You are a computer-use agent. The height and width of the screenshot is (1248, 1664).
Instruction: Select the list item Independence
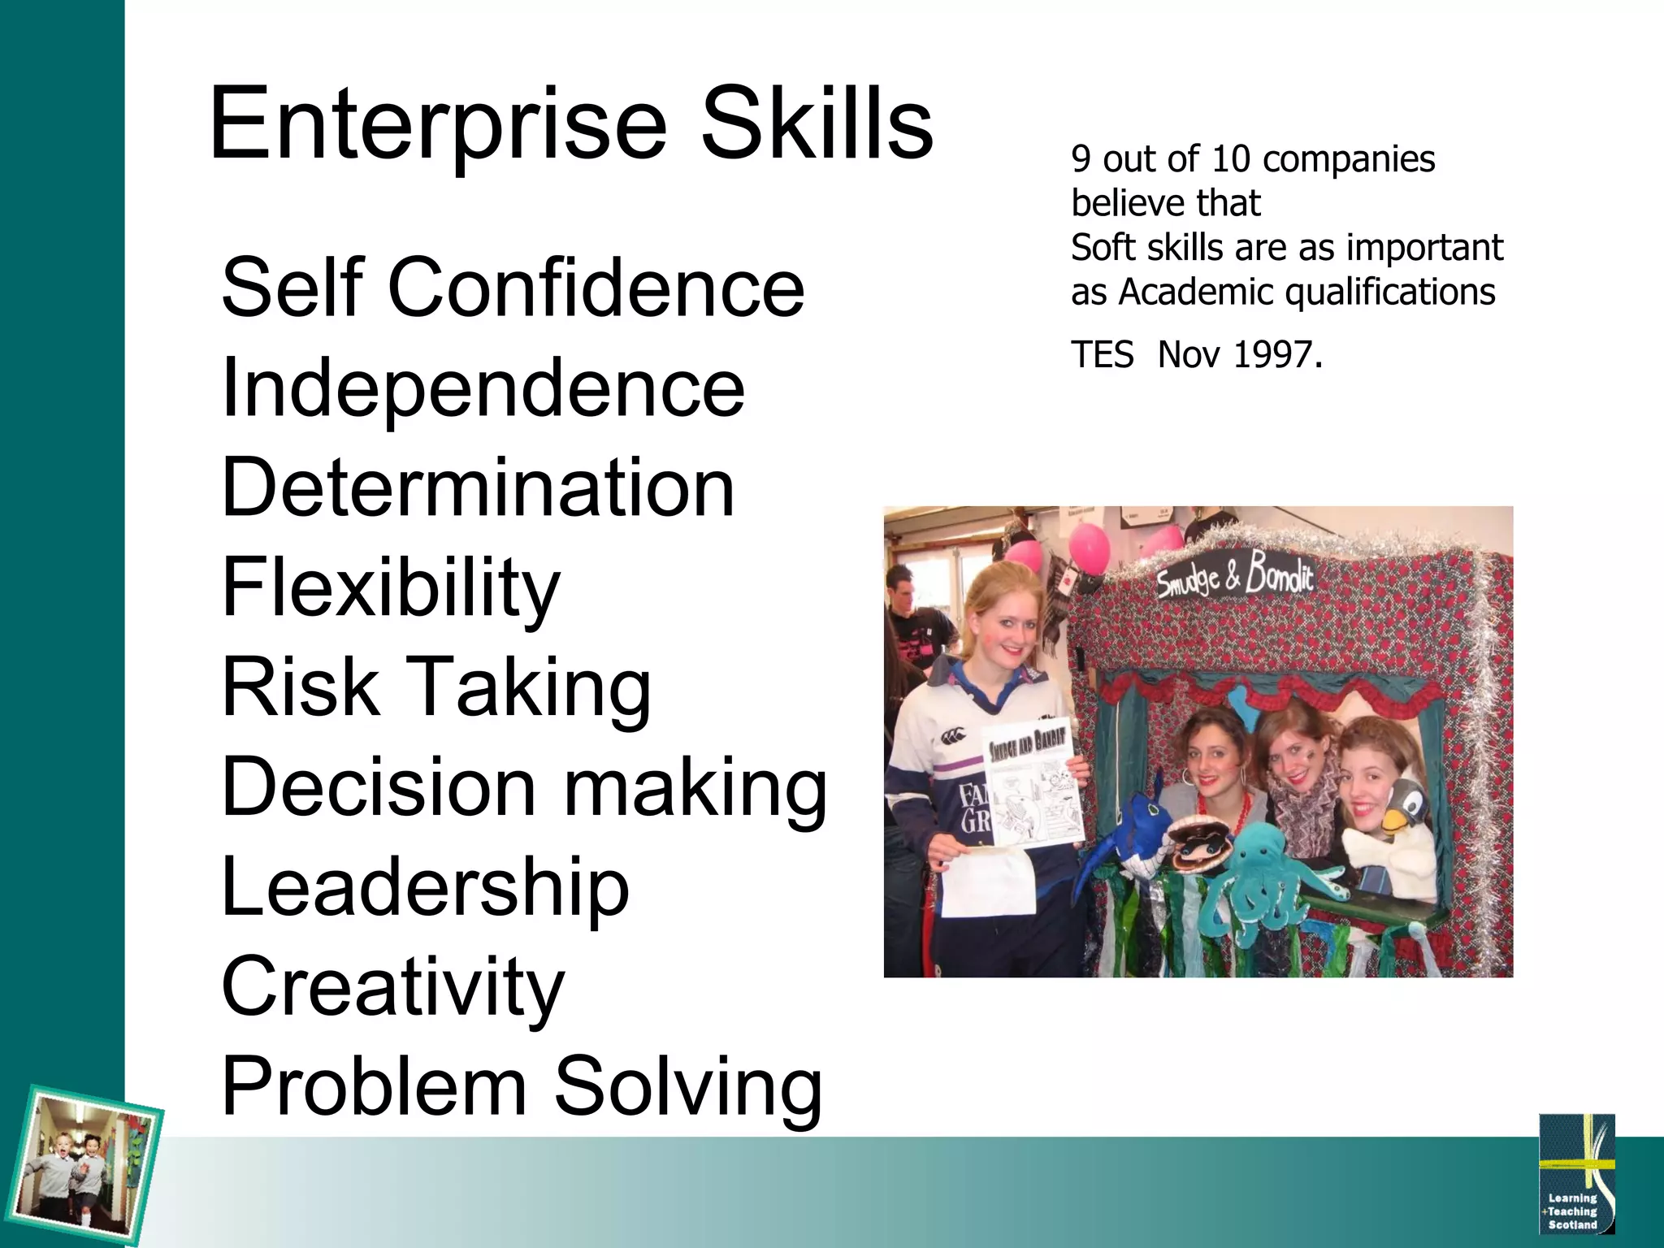pyautogui.click(x=483, y=388)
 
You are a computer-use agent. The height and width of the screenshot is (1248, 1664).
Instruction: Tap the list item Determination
pyautogui.click(x=478, y=487)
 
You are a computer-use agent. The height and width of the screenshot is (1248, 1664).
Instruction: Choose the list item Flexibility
pyautogui.click(x=390, y=587)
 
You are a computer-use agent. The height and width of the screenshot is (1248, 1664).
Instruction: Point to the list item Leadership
pyautogui.click(x=425, y=887)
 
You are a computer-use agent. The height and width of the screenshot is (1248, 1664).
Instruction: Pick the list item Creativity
pyautogui.click(x=392, y=987)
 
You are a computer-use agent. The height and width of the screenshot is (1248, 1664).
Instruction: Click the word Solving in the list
pyautogui.click(x=688, y=1087)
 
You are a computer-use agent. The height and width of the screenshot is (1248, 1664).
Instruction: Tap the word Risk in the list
pyautogui.click(x=300, y=687)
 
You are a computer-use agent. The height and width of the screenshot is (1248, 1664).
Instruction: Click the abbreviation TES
pyautogui.click(x=1102, y=355)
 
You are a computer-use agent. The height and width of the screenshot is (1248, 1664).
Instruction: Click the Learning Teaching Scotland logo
pyautogui.click(x=1575, y=1174)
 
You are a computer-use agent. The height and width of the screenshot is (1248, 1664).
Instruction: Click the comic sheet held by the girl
pyautogui.click(x=1033, y=784)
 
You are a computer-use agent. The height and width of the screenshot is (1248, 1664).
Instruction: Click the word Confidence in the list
pyautogui.click(x=596, y=288)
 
